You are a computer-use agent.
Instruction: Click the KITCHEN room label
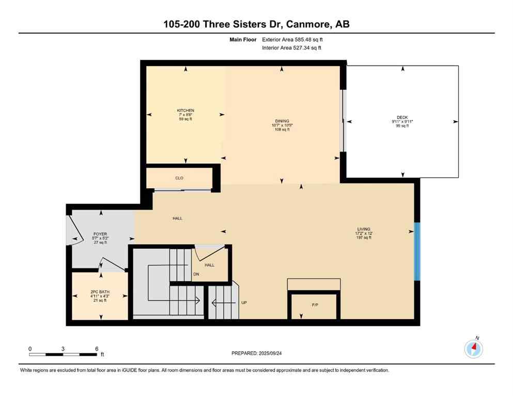(x=185, y=111)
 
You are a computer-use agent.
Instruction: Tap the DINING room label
(x=282, y=121)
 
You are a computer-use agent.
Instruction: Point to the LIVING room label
(x=363, y=229)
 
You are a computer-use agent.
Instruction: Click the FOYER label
(x=100, y=234)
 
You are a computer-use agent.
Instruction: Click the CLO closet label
(x=179, y=178)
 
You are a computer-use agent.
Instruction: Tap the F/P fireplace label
(x=315, y=305)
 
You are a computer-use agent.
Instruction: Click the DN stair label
(x=196, y=274)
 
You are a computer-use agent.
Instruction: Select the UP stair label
(x=244, y=303)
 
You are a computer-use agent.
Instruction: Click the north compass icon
(x=474, y=349)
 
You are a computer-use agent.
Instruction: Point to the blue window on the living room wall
(x=417, y=252)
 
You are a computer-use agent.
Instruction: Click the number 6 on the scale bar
(x=97, y=349)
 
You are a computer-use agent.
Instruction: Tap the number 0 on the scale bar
(x=30, y=349)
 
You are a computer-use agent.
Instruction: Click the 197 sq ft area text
(x=363, y=238)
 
